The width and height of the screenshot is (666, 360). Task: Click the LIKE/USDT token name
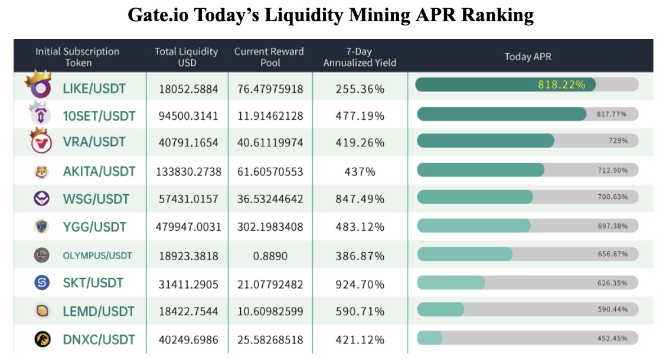(94, 89)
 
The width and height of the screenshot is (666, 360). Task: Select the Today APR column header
(528, 57)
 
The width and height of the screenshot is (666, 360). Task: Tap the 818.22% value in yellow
(561, 84)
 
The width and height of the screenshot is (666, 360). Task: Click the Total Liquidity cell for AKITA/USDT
(188, 172)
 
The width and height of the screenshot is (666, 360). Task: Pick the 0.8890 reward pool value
(269, 256)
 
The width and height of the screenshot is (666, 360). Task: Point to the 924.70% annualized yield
(360, 284)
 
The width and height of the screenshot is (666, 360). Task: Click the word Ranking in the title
(498, 15)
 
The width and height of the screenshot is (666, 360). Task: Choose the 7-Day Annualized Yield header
(360, 57)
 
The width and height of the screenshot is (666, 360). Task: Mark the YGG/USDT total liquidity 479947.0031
(188, 227)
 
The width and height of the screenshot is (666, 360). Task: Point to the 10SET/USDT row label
(99, 116)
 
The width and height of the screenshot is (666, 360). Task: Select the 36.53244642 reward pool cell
(269, 199)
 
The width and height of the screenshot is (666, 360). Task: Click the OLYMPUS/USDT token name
(97, 256)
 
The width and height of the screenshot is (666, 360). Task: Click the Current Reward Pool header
(269, 57)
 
